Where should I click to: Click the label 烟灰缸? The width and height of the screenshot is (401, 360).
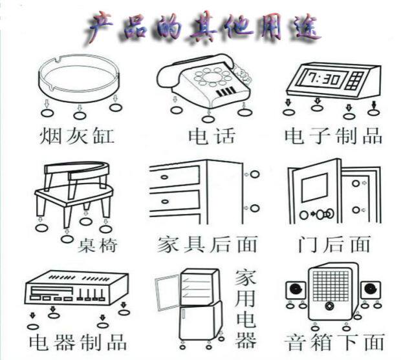77,136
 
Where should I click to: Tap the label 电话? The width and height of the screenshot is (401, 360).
210,136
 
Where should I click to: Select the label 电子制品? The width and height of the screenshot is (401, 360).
334,136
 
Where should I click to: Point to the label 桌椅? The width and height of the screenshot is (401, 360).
97,246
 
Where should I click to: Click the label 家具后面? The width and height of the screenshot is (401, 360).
207,244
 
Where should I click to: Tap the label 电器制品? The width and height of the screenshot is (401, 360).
78,341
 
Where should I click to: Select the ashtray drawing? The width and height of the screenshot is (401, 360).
78,78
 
